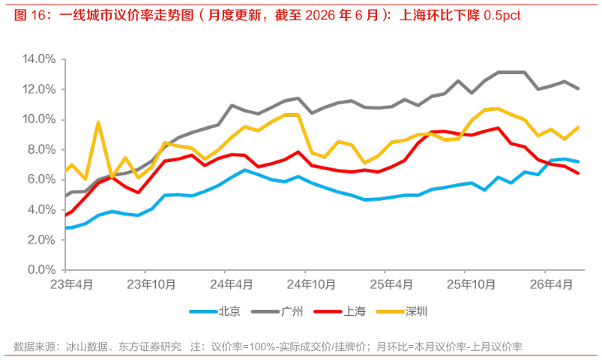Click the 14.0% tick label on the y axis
(x=39, y=59)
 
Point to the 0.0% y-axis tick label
(x=41, y=270)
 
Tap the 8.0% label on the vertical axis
(x=41, y=149)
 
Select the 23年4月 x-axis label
(x=71, y=285)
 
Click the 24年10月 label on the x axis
(x=311, y=285)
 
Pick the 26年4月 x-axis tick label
(x=551, y=285)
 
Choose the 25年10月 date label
(x=471, y=285)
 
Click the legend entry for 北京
(x=215, y=311)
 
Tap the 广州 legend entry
(x=277, y=311)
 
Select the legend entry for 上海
(x=340, y=311)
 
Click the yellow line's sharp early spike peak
(x=98, y=122)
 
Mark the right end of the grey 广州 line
(x=578, y=88)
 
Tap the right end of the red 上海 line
(x=578, y=173)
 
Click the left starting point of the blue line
(x=66, y=228)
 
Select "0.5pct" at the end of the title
(x=502, y=15)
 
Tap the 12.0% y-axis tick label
(x=39, y=89)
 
